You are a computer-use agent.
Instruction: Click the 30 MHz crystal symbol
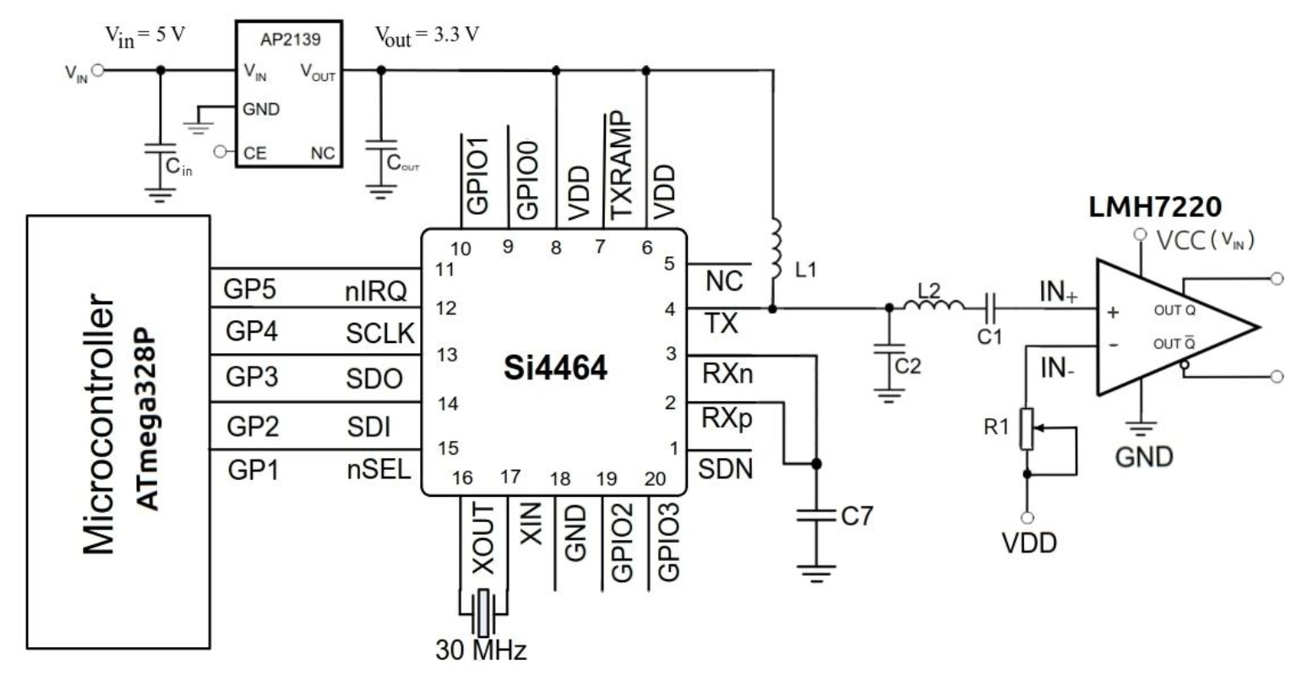[482, 612]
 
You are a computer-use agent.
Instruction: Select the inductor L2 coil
[932, 306]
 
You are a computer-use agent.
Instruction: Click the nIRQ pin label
[376, 291]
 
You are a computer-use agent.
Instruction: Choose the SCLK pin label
[380, 335]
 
